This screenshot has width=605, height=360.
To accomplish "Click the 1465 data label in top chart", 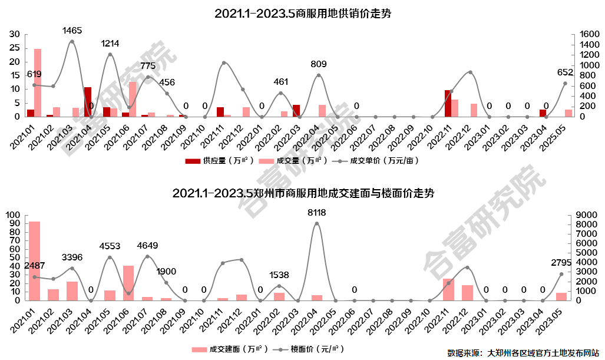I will (71, 30).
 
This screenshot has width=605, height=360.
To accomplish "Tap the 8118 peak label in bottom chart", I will (316, 213).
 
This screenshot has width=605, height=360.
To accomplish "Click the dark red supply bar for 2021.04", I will (87, 102).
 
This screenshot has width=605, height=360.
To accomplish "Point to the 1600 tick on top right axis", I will (583, 35).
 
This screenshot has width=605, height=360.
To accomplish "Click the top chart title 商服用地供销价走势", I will (303, 14).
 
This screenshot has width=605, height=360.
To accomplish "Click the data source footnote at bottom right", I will (523, 353).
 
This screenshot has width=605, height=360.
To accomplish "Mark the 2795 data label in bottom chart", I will (561, 263).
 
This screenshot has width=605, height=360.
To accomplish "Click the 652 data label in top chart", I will (565, 72).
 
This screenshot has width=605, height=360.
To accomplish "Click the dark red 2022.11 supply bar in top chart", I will (448, 103).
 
